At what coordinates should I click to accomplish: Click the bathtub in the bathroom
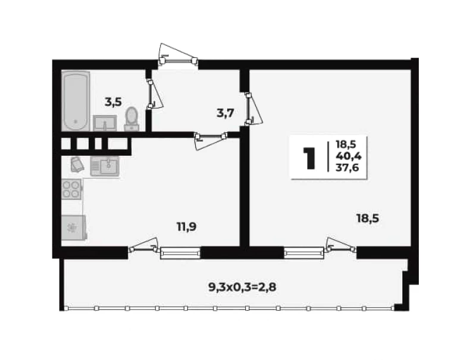tap(76, 101)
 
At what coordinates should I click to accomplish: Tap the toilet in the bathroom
tap(131, 119)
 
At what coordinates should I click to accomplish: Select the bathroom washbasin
tap(105, 123)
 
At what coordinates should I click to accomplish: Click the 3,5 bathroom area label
tap(113, 102)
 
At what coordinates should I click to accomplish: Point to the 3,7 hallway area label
tap(226, 113)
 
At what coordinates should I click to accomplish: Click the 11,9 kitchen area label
tap(186, 227)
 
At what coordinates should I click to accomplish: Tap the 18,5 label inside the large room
tap(368, 218)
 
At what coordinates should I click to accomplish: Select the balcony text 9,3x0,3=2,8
tap(242, 287)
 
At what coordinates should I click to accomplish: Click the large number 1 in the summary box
tap(309, 158)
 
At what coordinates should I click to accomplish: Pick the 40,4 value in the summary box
tap(349, 156)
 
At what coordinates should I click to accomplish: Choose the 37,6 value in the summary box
tap(347, 167)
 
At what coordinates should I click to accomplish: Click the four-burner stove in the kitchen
tap(71, 189)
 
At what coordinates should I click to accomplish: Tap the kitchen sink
tap(105, 166)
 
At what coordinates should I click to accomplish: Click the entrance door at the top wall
tap(177, 55)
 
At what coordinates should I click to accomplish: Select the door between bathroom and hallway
tap(155, 94)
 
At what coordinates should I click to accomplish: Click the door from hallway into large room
tap(254, 109)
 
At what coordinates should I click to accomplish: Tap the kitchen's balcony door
tap(143, 246)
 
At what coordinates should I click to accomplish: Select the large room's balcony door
tap(341, 245)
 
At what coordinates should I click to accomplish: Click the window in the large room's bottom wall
tap(304, 252)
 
